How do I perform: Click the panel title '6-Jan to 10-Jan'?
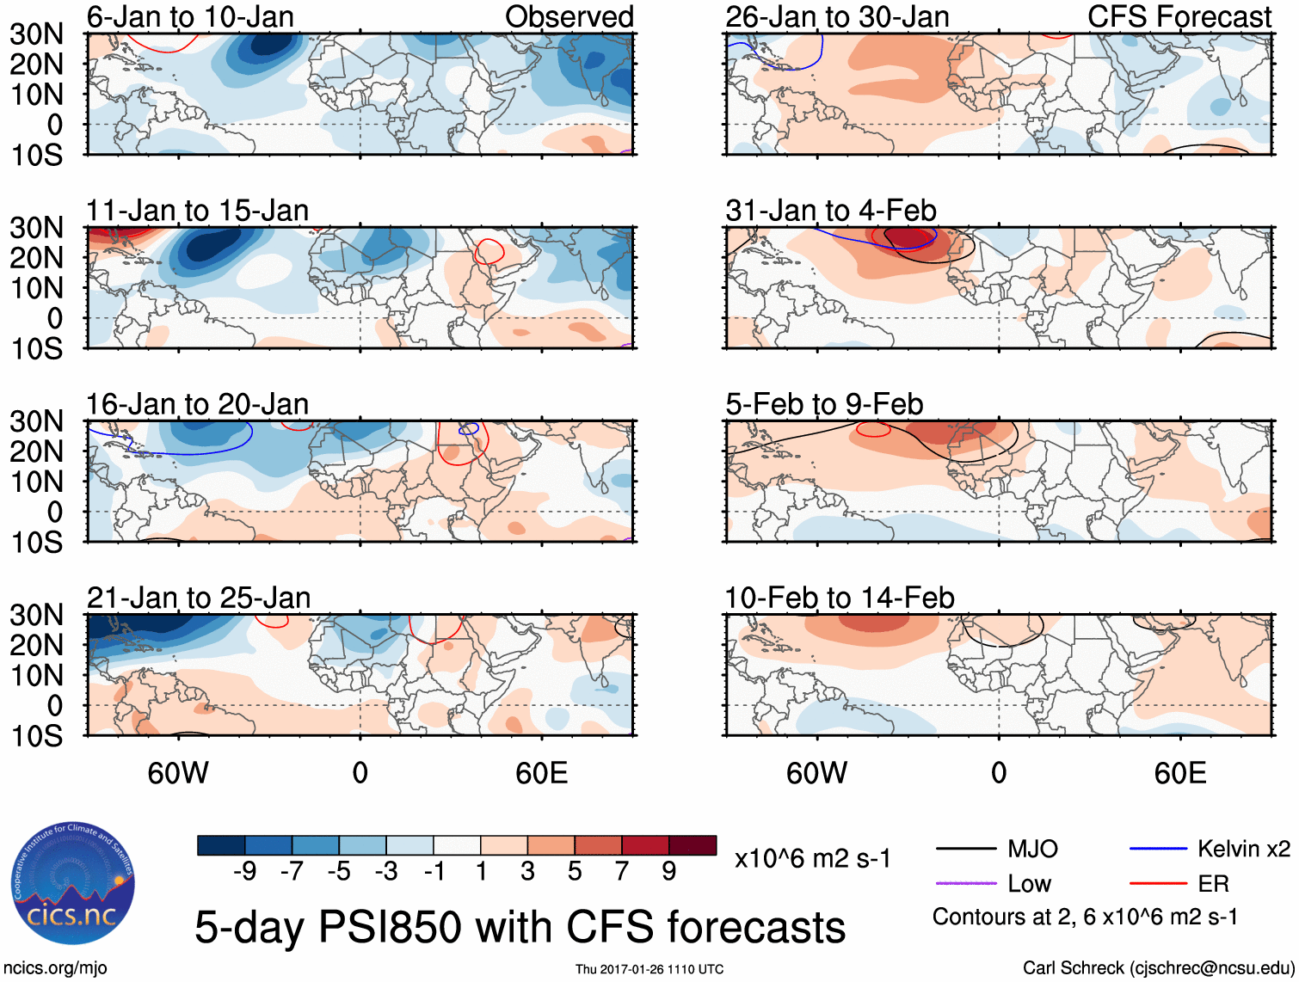point(190,16)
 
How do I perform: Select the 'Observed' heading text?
point(569,16)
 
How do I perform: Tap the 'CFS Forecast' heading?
point(1179,16)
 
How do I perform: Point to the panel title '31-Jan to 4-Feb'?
point(831,211)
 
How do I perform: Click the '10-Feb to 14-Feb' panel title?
point(840,598)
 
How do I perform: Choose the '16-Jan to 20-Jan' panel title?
point(197,404)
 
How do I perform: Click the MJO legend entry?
point(1032,850)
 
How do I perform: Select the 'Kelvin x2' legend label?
point(1244,850)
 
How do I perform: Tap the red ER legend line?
point(1158,883)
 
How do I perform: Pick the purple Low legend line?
point(966,883)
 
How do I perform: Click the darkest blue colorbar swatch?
point(220,845)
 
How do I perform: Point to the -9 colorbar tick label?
point(244,872)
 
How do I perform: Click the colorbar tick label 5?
point(575,872)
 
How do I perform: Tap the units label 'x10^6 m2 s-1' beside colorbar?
point(813,858)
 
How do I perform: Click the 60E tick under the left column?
point(541,773)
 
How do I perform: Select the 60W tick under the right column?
point(816,773)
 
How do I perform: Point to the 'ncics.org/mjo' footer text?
point(55,968)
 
